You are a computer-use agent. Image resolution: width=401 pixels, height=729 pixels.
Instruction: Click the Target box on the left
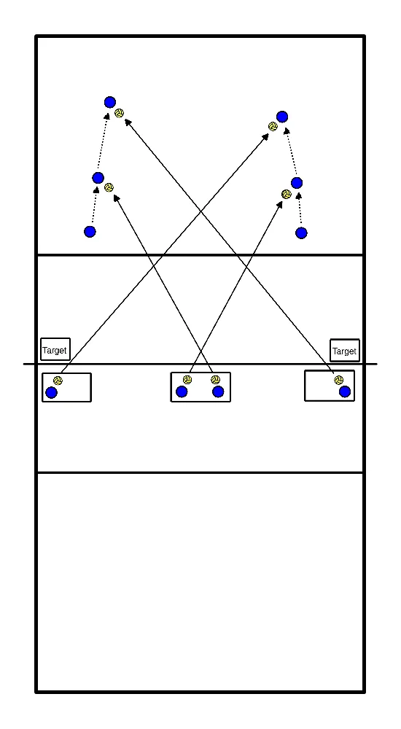click(55, 350)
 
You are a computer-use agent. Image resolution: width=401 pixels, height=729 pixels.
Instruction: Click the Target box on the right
click(345, 351)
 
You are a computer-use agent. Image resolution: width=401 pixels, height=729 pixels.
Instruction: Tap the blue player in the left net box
click(51, 393)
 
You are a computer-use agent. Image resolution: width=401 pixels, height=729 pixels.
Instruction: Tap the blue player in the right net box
click(345, 392)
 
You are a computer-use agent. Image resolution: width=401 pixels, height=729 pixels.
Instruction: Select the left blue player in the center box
click(182, 392)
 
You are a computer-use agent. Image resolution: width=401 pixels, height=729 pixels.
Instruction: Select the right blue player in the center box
click(218, 392)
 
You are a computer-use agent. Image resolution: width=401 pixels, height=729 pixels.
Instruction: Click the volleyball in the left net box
click(58, 381)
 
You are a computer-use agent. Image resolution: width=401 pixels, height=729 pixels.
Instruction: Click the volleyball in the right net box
click(339, 380)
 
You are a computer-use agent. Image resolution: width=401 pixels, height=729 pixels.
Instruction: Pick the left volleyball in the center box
click(187, 380)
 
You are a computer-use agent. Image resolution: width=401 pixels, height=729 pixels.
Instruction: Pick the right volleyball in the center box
click(215, 380)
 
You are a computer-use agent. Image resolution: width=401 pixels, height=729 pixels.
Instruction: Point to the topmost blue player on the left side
click(110, 102)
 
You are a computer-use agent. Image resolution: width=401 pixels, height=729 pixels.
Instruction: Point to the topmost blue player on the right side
click(282, 117)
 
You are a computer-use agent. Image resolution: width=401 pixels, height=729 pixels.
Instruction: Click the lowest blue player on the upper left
click(90, 232)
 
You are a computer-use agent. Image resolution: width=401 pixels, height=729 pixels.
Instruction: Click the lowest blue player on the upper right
click(301, 233)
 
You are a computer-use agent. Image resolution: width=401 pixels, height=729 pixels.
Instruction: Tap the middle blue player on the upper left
click(98, 178)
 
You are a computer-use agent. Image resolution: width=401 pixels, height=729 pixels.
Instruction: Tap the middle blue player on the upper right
click(297, 183)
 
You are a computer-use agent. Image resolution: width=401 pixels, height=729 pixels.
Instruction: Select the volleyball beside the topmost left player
click(120, 113)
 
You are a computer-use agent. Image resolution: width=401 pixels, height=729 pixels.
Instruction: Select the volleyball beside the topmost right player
click(273, 126)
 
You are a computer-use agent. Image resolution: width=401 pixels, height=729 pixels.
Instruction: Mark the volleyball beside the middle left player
click(109, 187)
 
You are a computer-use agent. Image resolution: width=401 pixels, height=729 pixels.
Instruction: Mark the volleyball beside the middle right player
click(287, 194)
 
